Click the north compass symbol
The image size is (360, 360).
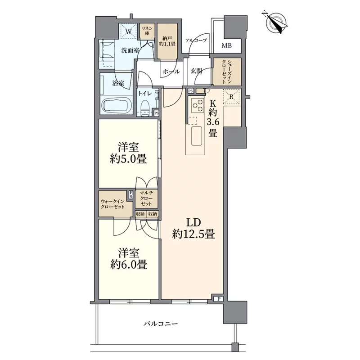click(276, 23)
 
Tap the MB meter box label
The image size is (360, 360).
click(227, 46)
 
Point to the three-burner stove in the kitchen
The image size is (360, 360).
click(198, 104)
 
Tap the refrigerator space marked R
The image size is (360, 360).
click(232, 97)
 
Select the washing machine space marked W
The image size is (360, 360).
click(128, 32)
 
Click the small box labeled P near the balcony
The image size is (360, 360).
click(219, 299)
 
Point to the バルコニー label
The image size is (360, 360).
click(161, 324)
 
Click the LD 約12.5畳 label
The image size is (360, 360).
click(193, 228)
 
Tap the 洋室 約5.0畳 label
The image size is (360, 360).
click(129, 153)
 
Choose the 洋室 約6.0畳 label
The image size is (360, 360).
click(129, 259)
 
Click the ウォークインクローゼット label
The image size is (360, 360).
click(113, 204)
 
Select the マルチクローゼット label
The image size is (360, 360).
click(147, 198)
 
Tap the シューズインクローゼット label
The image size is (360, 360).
click(227, 72)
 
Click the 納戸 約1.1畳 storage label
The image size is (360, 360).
click(167, 40)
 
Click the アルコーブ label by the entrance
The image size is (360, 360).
click(196, 40)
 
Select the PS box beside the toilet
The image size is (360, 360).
click(157, 113)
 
